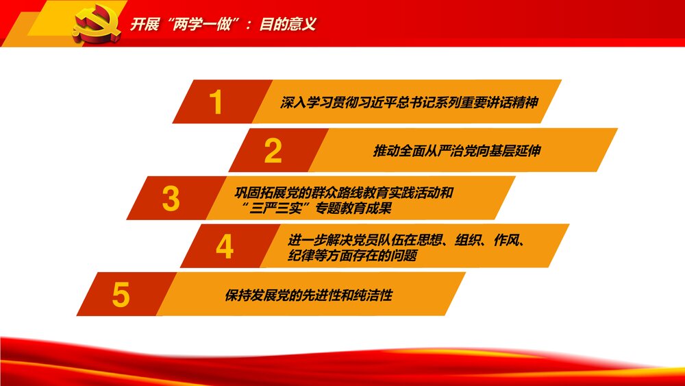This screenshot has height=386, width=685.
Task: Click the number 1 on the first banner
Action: click(216, 103)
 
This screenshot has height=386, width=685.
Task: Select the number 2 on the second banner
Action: click(273, 151)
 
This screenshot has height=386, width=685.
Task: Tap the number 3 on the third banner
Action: click(171, 199)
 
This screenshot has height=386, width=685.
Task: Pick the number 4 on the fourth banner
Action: click(225, 247)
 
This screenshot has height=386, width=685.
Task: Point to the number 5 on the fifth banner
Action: click(121, 295)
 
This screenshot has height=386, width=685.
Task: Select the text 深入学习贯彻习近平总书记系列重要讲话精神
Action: click(408, 103)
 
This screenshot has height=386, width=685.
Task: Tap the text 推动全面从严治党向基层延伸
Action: click(456, 151)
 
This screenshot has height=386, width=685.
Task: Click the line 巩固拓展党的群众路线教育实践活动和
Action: click(343, 192)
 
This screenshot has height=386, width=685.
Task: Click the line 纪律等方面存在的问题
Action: click(353, 256)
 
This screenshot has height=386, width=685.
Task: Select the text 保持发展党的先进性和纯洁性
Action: click(308, 296)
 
